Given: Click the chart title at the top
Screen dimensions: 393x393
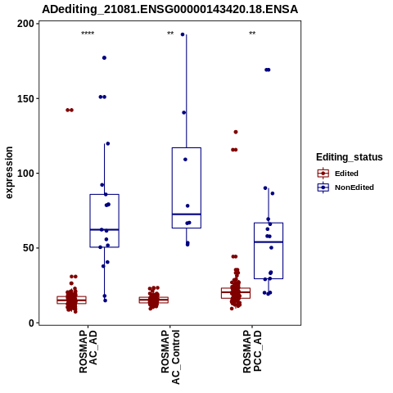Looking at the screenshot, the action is (169, 10).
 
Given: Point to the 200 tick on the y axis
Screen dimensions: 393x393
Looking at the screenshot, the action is (25, 24).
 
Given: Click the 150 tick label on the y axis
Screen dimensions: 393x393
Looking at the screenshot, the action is (25, 98).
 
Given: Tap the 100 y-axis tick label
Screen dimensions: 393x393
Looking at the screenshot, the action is (25, 174).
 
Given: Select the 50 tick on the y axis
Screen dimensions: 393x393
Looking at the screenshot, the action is (29, 248).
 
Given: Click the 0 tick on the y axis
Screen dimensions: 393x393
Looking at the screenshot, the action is (32, 323).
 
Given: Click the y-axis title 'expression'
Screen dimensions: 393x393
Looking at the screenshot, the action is (9, 173).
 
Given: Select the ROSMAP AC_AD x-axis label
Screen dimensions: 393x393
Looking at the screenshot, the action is (88, 351).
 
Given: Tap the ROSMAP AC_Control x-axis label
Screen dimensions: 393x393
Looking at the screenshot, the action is (170, 357).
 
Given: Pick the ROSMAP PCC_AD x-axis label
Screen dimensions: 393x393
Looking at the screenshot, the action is (252, 351).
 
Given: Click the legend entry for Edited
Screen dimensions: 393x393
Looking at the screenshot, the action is (338, 174).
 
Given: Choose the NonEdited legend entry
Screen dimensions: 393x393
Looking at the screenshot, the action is (346, 187).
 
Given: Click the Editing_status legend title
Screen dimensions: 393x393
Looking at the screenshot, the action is (350, 157).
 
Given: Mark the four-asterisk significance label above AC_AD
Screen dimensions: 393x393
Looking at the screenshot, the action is (88, 34).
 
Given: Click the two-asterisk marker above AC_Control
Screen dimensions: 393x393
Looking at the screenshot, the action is (170, 34).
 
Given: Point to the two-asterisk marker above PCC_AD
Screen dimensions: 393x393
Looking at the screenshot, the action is (252, 34).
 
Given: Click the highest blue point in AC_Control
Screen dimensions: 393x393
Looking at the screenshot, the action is (183, 34).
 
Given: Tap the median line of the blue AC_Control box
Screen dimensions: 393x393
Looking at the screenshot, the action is (187, 215).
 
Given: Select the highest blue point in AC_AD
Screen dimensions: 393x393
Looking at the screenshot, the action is (104, 58).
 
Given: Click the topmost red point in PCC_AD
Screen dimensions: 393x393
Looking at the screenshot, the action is (236, 132).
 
